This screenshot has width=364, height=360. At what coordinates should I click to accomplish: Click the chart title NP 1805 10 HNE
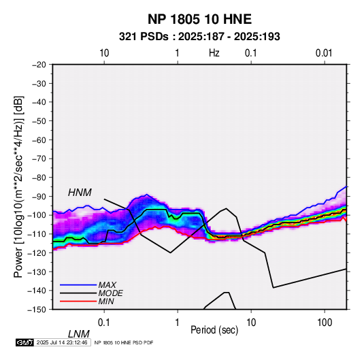point(199,19)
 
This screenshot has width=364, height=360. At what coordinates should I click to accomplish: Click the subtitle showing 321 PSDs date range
point(199,37)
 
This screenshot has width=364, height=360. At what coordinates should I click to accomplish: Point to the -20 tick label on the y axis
point(39,65)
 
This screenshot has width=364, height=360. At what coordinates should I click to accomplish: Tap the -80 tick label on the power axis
point(39,178)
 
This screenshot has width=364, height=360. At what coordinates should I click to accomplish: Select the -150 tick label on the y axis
point(37,310)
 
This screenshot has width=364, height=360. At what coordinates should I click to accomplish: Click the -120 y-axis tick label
point(37,252)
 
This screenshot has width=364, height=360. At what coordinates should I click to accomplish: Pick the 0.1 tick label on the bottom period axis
point(104,323)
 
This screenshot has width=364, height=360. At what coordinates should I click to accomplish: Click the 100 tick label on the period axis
point(325,323)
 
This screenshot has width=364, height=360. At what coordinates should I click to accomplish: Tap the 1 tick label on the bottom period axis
point(178,323)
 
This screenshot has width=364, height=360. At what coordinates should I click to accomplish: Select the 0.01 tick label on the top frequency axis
point(324,53)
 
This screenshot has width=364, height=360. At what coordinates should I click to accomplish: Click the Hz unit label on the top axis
point(214,53)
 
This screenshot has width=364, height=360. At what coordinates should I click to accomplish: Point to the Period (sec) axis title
point(214,330)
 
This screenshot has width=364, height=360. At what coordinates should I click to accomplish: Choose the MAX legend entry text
point(107,284)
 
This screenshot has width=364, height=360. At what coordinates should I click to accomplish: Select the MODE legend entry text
point(110,293)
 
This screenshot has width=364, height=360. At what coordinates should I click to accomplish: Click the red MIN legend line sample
point(78,301)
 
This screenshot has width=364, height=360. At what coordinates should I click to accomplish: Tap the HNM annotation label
point(80,193)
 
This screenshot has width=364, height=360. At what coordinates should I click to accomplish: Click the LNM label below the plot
point(79,334)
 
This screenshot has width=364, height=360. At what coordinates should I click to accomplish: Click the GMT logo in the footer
point(25,342)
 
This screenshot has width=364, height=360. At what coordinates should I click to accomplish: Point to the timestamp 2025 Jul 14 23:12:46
point(62,342)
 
